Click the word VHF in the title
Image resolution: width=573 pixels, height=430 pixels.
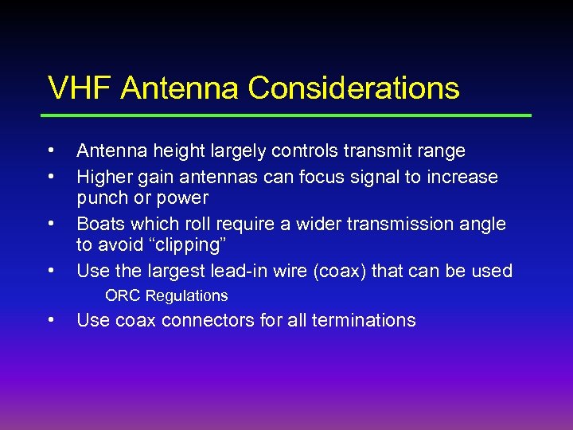click(x=79, y=88)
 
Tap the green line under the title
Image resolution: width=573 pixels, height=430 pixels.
click(x=289, y=115)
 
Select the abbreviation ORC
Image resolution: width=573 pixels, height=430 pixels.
click(x=123, y=296)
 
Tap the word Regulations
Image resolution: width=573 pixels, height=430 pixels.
click(x=186, y=296)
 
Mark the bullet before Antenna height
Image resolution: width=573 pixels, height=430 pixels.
click(x=50, y=149)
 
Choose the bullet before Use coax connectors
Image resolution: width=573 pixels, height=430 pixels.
click(x=50, y=319)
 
